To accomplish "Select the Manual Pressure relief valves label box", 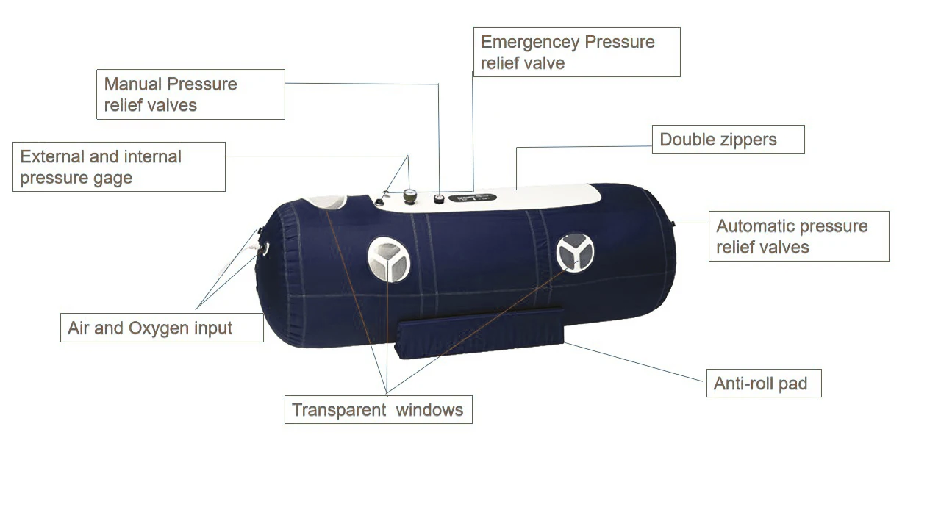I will coord(190,94).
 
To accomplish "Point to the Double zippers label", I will coord(728,140).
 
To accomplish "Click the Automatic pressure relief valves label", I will coord(798,236).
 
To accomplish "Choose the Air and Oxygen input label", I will coord(161,328).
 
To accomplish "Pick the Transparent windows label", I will coord(378,409).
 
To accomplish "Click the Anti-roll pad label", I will coord(763,383).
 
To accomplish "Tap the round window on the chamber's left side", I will coord(388,259).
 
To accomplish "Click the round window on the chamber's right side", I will coord(574,252).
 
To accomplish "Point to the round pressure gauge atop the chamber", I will coord(409,196).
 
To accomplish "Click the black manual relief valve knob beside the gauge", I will coord(439,198).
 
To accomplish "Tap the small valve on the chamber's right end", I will coord(673,222).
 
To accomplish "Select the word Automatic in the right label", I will coord(755,226).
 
